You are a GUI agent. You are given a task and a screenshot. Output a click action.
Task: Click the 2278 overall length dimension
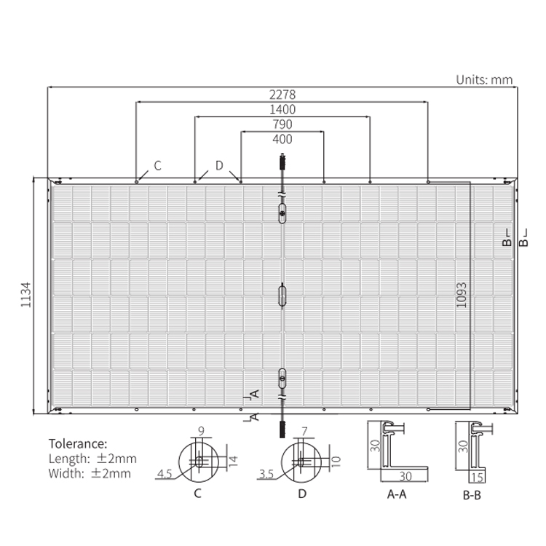coord(282,95)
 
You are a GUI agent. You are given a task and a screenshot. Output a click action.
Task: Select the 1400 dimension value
coord(282,110)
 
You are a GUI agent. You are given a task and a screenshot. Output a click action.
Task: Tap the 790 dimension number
coord(282,124)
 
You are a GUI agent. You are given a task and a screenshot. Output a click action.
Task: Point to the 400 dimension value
coord(282,139)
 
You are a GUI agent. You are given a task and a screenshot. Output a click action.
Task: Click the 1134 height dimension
coord(26,295)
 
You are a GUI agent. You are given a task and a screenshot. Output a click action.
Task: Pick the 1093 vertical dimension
coord(461,296)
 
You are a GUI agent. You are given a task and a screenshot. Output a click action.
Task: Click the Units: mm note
coord(484,80)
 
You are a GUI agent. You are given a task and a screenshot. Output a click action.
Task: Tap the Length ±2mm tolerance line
coord(92,459)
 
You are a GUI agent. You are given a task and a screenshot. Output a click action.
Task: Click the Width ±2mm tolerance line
coord(90,474)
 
